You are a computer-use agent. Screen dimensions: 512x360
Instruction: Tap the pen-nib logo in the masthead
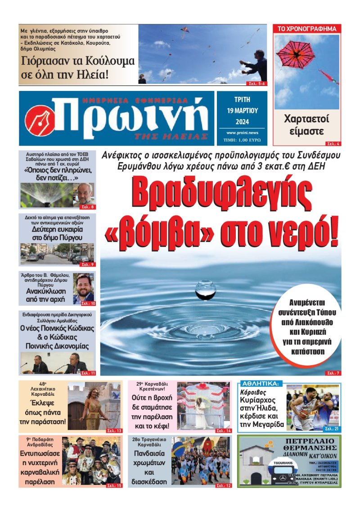click(40, 120)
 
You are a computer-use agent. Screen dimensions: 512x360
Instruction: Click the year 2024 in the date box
click(242, 121)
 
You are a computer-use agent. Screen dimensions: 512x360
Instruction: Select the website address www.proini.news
click(242, 133)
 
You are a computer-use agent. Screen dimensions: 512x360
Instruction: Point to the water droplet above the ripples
click(205, 289)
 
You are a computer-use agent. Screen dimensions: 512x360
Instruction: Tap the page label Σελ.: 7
click(333, 373)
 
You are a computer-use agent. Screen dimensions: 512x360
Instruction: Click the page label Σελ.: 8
click(87, 207)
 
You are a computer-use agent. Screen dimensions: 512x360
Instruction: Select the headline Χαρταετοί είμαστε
click(306, 126)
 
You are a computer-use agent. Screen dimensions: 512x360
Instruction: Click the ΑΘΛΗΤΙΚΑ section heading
click(261, 384)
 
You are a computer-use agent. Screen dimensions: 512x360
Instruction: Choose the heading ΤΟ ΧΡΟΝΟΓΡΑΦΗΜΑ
click(307, 29)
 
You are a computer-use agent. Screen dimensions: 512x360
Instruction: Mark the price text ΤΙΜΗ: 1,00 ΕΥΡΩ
click(242, 140)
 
